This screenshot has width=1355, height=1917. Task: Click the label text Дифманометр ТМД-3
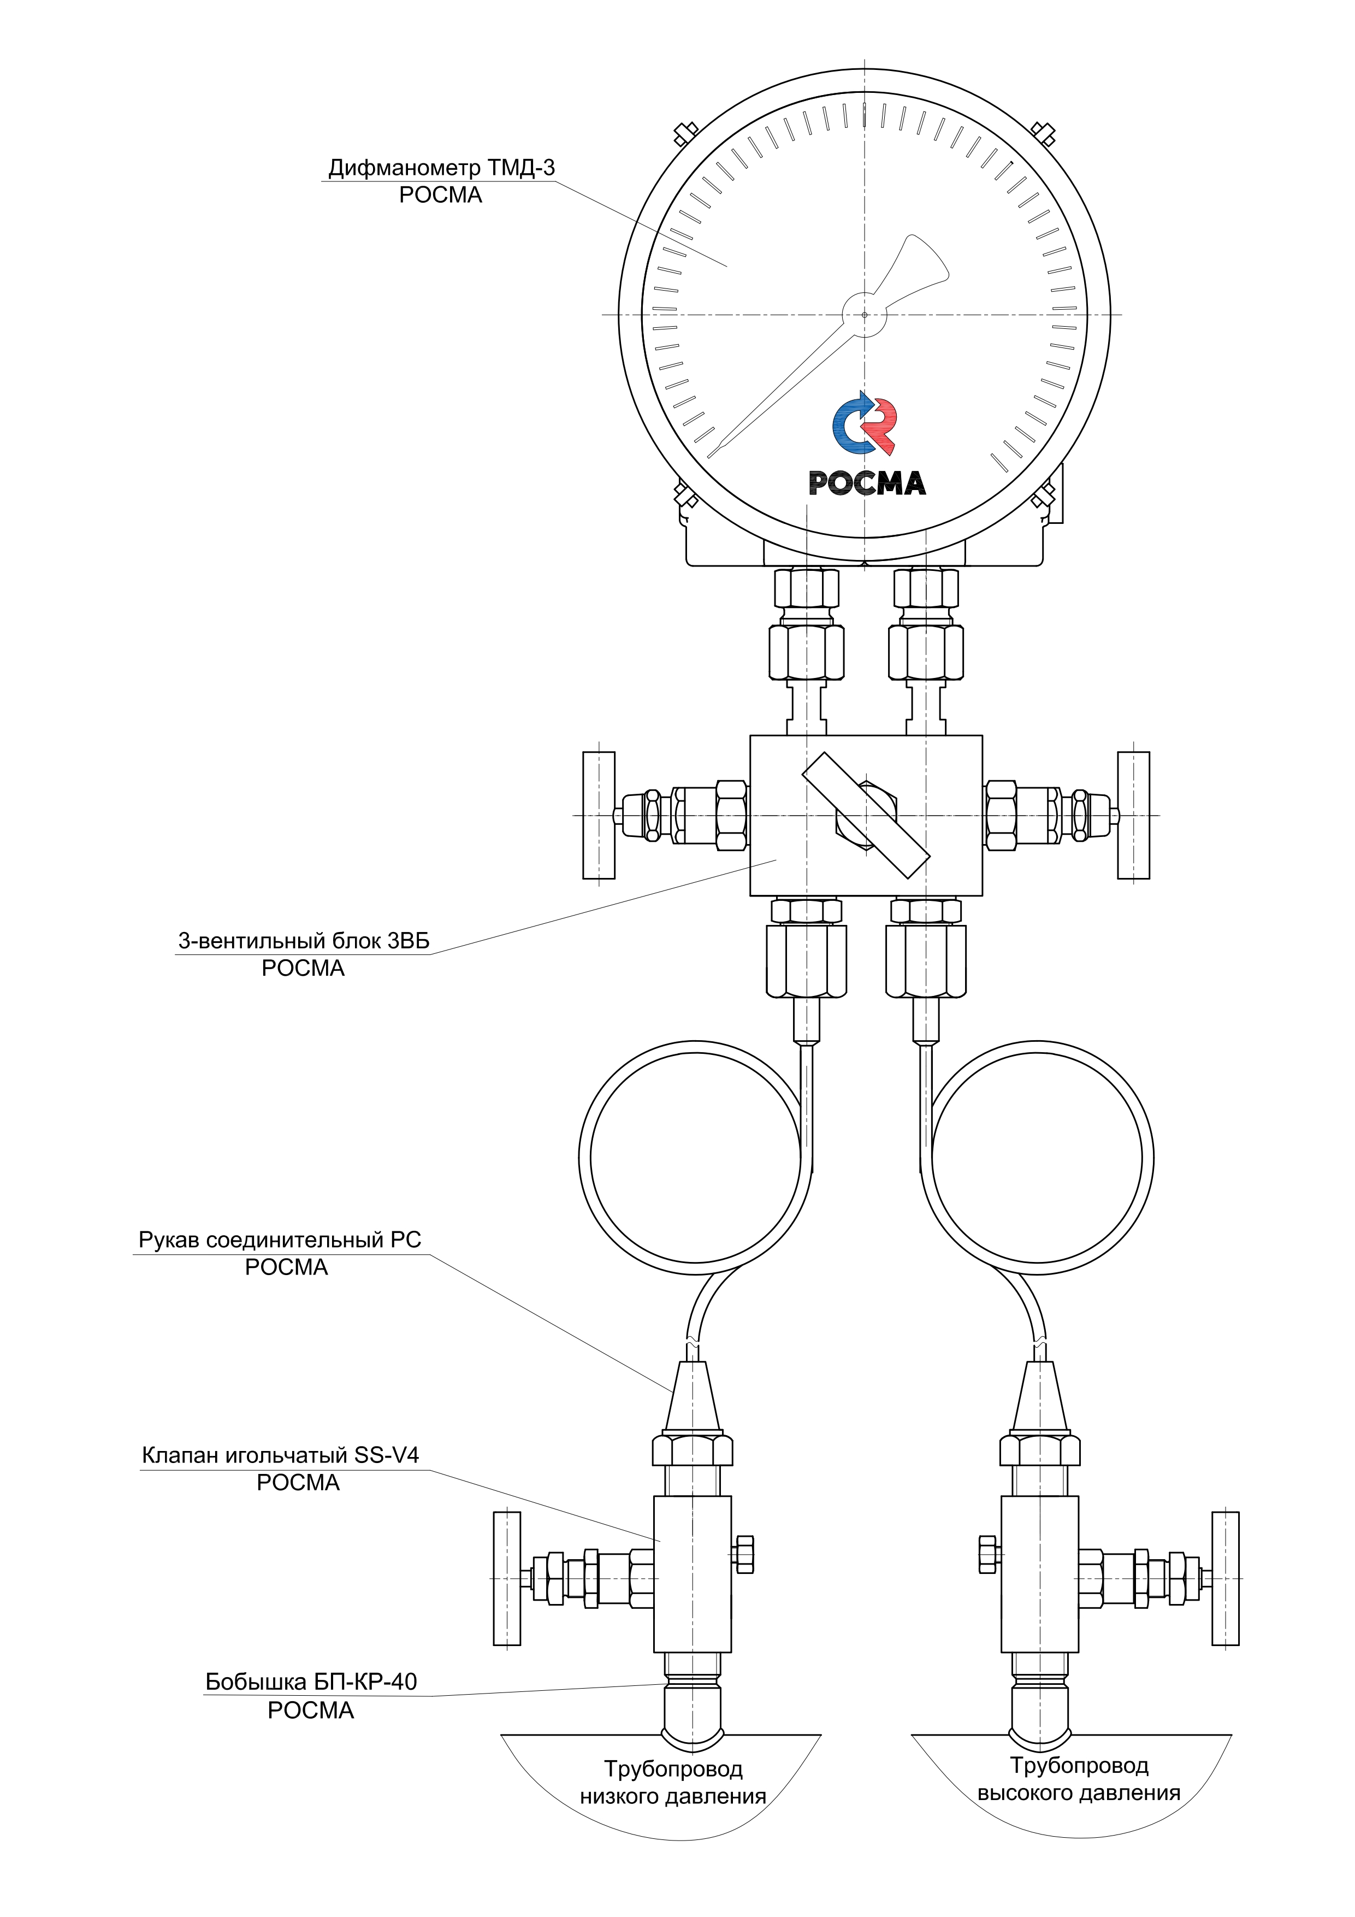[x=441, y=168]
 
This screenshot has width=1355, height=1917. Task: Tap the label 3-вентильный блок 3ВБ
[x=304, y=941]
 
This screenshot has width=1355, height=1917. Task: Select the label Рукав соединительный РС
[x=280, y=1240]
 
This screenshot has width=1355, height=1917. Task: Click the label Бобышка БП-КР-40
[x=311, y=1682]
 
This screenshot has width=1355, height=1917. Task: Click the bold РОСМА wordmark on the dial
[x=867, y=482]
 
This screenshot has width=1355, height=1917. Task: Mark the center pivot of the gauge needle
[x=864, y=315]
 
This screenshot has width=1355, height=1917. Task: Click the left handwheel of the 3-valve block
[x=599, y=815]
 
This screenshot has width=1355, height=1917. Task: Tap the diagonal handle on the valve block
[x=866, y=815]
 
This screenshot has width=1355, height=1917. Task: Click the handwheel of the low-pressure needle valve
[x=507, y=1578]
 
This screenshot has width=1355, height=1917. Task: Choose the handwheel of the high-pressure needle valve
[x=1226, y=1578]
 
